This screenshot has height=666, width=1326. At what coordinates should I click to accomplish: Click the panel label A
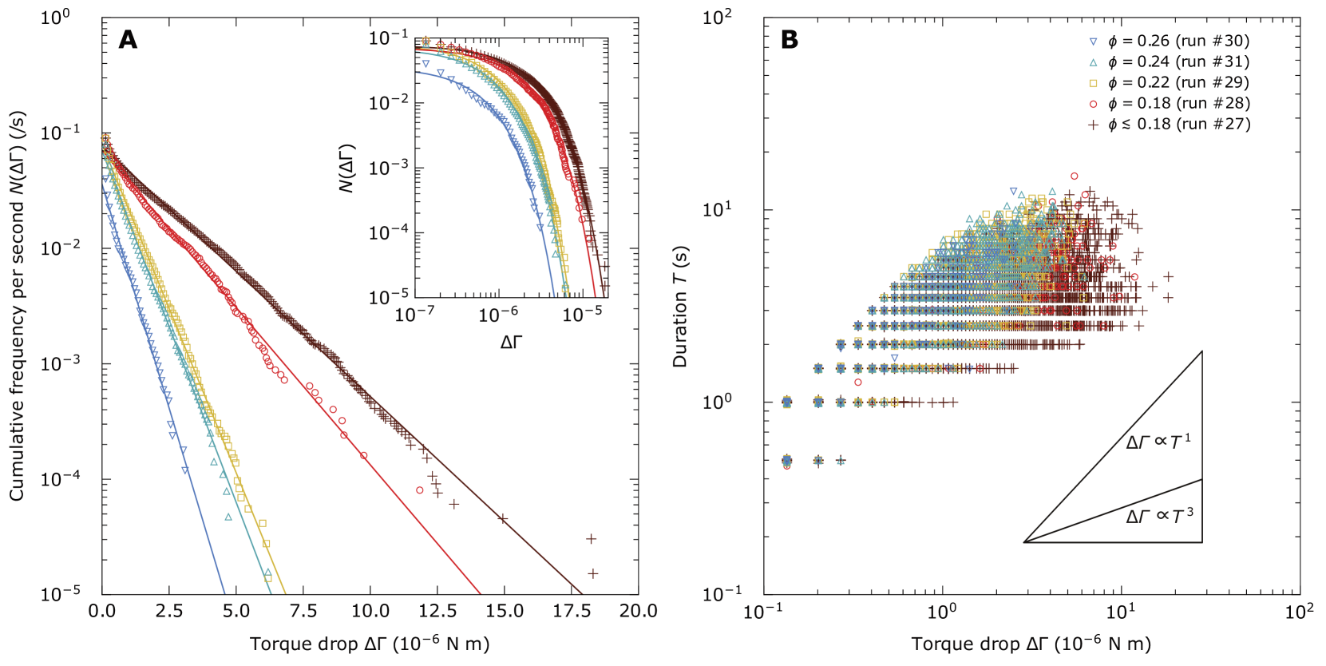(128, 39)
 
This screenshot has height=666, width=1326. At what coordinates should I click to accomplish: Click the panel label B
(789, 39)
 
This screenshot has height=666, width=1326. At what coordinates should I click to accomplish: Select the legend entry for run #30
(1169, 41)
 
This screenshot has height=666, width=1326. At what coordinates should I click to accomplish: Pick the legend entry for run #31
(1169, 61)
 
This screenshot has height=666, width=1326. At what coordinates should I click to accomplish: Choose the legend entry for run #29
(1169, 82)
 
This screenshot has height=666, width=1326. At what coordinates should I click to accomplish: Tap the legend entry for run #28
(1169, 103)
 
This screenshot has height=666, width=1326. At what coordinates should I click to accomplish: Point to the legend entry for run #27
(1169, 124)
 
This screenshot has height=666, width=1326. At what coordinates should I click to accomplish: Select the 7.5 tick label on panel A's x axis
(303, 612)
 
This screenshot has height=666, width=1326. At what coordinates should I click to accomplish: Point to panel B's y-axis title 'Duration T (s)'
(680, 306)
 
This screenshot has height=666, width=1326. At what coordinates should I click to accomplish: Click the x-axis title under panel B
(1031, 644)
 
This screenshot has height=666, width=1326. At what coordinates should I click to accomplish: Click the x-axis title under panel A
(370, 644)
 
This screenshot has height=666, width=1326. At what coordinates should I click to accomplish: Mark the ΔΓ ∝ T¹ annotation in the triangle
(1158, 442)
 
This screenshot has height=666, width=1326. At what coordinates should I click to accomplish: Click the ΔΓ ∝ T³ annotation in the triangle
(1159, 516)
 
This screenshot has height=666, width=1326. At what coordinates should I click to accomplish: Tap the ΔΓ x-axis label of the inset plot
(511, 343)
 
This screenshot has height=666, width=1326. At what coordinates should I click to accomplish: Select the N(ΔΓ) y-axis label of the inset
(346, 168)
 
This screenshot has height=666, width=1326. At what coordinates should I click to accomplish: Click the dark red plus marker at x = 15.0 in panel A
(503, 519)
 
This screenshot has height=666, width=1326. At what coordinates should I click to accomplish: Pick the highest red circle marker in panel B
(1075, 176)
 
